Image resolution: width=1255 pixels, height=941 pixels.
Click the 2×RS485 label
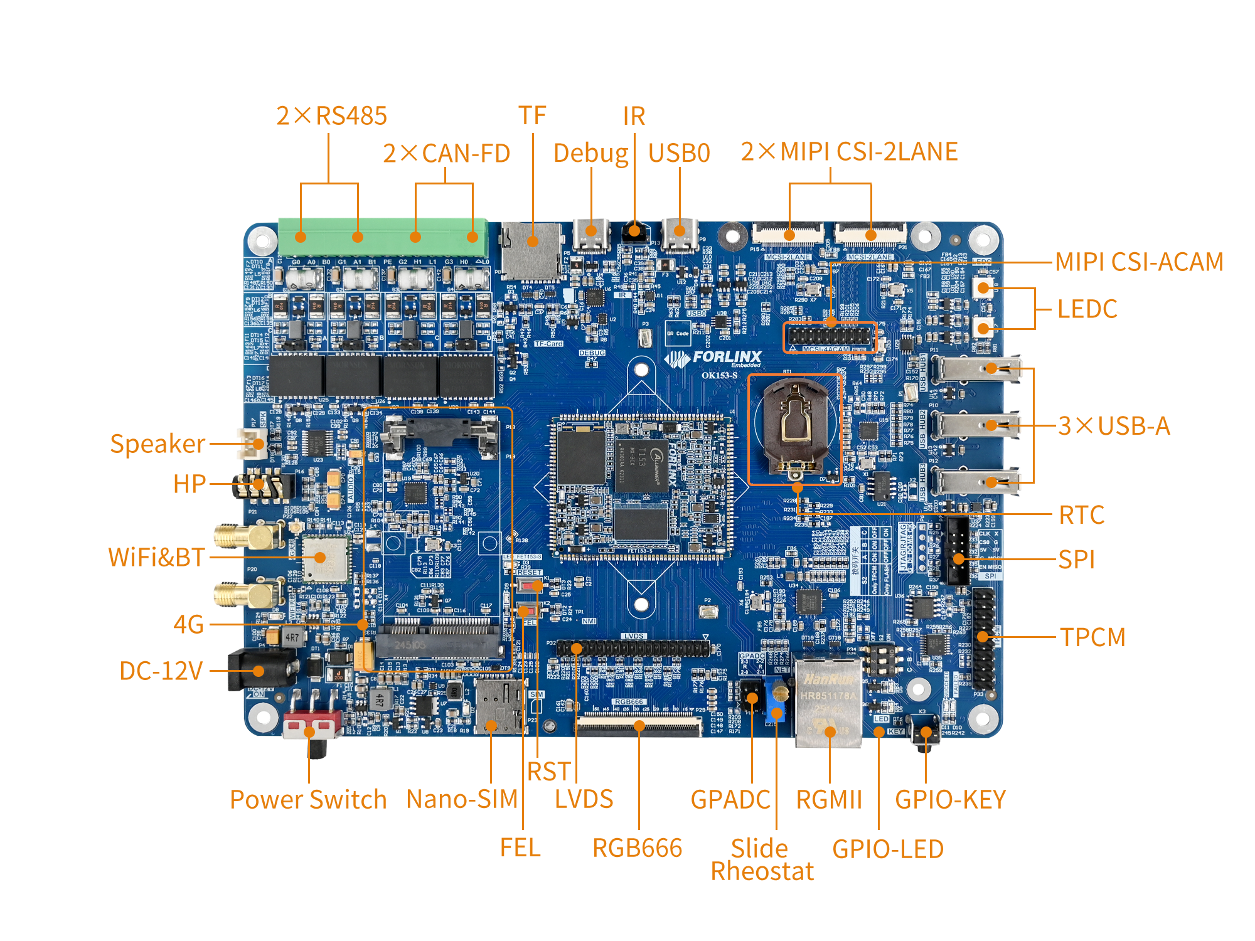click(331, 116)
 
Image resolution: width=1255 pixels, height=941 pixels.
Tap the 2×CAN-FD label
click(446, 154)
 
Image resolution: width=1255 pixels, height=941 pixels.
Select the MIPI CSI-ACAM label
click(1139, 262)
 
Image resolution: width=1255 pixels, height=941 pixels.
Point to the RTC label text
click(1081, 515)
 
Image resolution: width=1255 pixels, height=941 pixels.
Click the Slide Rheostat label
click(762, 860)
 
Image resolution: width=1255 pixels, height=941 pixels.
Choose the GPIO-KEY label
click(950, 800)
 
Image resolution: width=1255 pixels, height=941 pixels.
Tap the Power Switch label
click(308, 800)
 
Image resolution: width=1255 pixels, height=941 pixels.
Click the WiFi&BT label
click(157, 557)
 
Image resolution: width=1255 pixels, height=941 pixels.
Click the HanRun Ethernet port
click(828, 699)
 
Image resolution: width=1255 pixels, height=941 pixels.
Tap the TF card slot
click(531, 251)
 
